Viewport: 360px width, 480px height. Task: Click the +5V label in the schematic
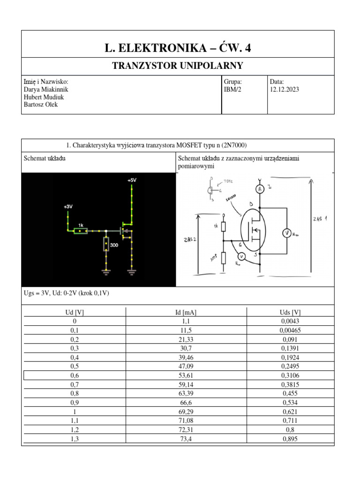(x=132, y=180)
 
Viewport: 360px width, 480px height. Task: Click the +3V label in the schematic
(x=68, y=206)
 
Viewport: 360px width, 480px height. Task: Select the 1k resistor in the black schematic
(x=81, y=231)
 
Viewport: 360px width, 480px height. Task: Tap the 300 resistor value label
(x=114, y=245)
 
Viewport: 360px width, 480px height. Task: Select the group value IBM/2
(x=232, y=90)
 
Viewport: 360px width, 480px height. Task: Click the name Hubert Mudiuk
(x=44, y=97)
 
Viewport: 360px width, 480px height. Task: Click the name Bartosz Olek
(x=41, y=105)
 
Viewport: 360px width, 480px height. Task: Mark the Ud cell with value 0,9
(x=75, y=402)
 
